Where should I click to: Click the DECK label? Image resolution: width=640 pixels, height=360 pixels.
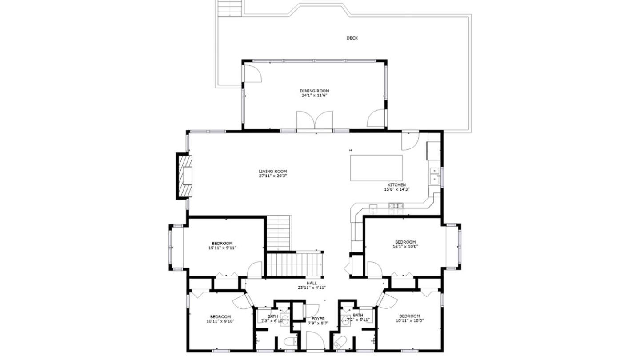[x=352, y=38]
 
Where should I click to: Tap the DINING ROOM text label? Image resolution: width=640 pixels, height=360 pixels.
[x=314, y=91]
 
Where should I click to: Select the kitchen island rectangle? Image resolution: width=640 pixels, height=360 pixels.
[x=376, y=168]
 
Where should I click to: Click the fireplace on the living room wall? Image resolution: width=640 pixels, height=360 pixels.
[x=184, y=176]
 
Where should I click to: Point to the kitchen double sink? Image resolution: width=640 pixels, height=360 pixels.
[x=435, y=176]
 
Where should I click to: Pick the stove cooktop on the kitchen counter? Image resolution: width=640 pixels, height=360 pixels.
[x=396, y=208]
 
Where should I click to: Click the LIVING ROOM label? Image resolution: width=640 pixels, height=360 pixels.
[x=272, y=172]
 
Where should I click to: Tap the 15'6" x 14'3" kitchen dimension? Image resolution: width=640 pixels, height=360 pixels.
[x=397, y=189]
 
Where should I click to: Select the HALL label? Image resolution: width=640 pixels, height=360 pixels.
[x=312, y=283]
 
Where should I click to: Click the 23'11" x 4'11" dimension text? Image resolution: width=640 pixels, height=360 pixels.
[x=312, y=288]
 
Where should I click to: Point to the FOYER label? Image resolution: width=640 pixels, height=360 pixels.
[x=318, y=319]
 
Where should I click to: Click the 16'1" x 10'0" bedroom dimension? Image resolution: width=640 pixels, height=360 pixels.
[x=405, y=246]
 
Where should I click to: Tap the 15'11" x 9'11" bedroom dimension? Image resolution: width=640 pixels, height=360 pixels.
[x=222, y=248]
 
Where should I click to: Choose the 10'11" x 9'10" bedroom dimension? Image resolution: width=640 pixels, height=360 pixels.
[x=220, y=321]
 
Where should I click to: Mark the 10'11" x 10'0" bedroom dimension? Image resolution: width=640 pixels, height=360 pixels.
[x=409, y=320]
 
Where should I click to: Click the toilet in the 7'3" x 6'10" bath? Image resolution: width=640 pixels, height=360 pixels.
[x=290, y=341]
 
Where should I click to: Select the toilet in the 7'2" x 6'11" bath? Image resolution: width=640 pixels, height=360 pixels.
[x=340, y=341]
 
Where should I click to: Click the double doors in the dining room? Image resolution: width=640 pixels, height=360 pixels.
[x=315, y=120]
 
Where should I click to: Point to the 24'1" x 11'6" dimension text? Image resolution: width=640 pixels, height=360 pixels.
[x=314, y=96]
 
